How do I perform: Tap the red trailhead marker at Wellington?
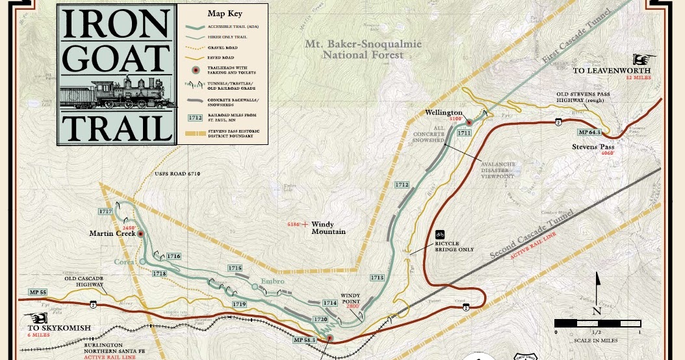tap(469, 122)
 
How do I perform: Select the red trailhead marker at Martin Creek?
tap(141, 234)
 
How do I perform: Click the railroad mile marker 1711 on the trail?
tap(463, 133)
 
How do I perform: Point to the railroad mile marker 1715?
tap(235, 268)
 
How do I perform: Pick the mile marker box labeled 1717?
tap(105, 212)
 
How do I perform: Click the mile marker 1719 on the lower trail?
tap(239, 304)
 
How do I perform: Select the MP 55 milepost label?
tap(38, 292)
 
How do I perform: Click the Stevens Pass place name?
tap(593, 147)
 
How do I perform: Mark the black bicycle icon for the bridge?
tap(440, 235)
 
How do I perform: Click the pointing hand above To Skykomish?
tap(38, 318)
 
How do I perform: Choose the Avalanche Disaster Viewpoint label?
tap(497, 170)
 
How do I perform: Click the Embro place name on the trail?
tap(273, 281)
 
